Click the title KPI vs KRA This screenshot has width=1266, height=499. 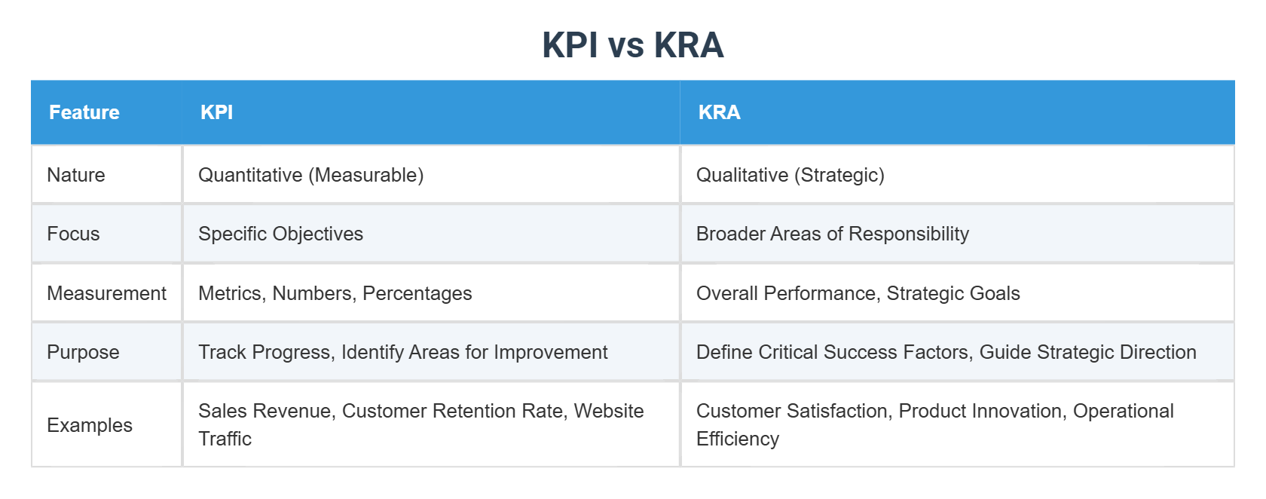632,45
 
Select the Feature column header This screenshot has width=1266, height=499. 84,112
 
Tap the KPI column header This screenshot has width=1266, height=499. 216,112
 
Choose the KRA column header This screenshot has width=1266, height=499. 719,112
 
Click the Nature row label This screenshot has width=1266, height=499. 76,175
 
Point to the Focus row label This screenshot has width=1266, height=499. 73,234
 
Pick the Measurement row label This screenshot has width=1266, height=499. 106,293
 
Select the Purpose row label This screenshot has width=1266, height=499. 83,352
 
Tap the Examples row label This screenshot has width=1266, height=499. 89,425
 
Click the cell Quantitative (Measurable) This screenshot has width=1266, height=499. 310,175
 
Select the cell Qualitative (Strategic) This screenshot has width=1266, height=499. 790,175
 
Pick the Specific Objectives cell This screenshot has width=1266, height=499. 280,234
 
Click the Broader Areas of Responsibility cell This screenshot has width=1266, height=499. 832,234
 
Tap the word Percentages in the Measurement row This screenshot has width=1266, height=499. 417,293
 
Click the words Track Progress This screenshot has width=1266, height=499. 264,352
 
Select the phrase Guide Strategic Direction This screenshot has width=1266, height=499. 1087,352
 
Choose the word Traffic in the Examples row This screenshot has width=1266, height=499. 225,439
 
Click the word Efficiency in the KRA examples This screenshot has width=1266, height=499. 737,439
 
